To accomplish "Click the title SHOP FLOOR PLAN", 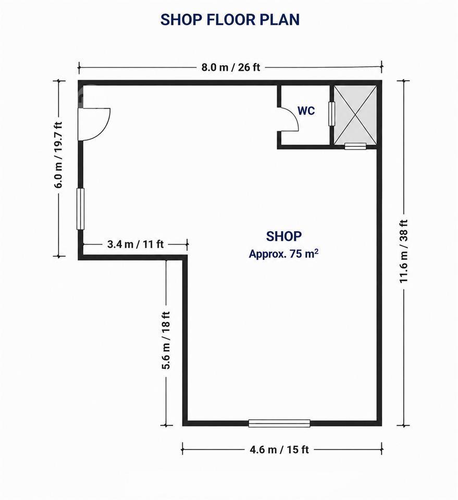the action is (230, 19).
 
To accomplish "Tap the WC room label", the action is (306, 110).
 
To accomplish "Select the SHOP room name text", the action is (284, 236).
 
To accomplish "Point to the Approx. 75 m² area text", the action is (283, 254).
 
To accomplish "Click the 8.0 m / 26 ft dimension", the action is (231, 67).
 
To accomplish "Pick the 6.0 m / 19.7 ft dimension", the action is (59, 155).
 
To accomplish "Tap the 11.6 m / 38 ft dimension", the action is (403, 251).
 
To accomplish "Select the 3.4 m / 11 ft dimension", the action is (135, 244).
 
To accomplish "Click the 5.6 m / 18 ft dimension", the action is (167, 340).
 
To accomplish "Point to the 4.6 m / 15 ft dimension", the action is (279, 449).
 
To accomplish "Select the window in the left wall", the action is (81, 209).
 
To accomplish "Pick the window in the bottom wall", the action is (279, 423).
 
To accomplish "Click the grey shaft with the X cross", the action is (355, 115).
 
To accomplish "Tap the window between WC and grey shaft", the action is (332, 114).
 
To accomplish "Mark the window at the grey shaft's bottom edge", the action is (355, 146).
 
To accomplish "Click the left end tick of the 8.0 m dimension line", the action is (79, 68).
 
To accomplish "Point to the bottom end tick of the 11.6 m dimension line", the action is (403, 426).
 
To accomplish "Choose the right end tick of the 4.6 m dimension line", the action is (382, 449).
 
